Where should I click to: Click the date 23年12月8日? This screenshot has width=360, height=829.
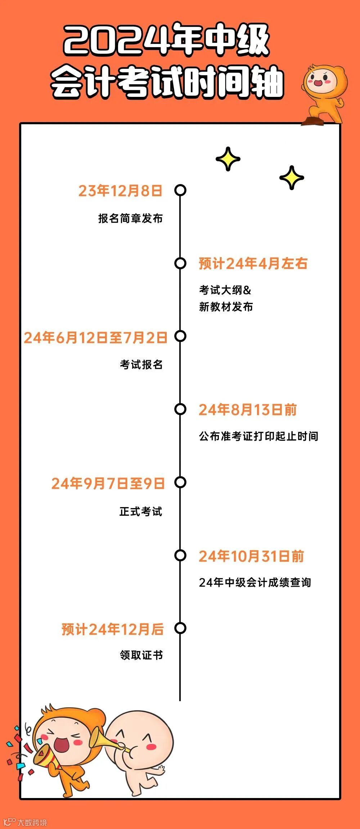click(120, 191)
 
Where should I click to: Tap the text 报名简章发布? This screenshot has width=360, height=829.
click(130, 218)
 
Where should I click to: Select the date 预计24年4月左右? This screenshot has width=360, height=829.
click(253, 264)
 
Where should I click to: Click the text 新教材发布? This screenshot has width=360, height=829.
click(226, 307)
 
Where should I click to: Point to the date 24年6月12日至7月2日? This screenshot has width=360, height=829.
click(95, 338)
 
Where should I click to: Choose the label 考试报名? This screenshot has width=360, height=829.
click(141, 364)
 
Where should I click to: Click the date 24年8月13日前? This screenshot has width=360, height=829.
click(248, 410)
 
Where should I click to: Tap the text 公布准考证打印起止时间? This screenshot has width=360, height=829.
click(258, 436)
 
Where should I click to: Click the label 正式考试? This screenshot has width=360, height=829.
click(141, 511)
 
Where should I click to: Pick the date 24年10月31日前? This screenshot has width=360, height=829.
click(251, 556)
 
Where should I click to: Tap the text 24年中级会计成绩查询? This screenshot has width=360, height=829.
click(255, 582)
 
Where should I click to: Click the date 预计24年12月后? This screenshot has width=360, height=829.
click(112, 629)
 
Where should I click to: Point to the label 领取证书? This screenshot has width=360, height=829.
click(141, 655)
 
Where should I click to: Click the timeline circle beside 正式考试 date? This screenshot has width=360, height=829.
click(180, 482)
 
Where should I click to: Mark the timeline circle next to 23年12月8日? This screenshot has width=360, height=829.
click(180, 190)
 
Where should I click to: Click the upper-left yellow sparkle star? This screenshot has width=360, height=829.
click(228, 159)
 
